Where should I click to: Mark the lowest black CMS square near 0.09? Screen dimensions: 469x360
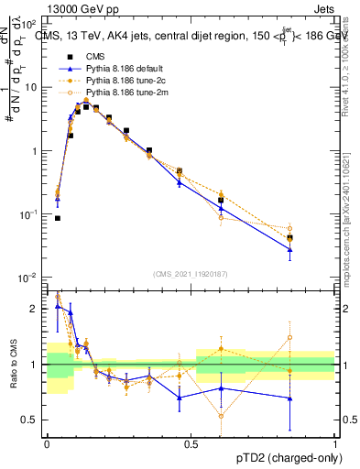57,218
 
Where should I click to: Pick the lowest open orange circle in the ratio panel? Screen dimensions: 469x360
221,416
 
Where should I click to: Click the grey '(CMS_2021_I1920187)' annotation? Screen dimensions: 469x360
190,272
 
